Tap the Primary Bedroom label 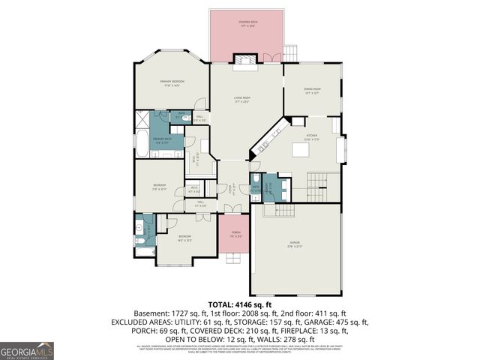172,82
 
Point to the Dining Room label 312,92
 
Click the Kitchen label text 311,139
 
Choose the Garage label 295,244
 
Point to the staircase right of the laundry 319,181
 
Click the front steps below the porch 235,259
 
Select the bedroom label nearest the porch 184,240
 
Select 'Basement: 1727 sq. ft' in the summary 169,313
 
